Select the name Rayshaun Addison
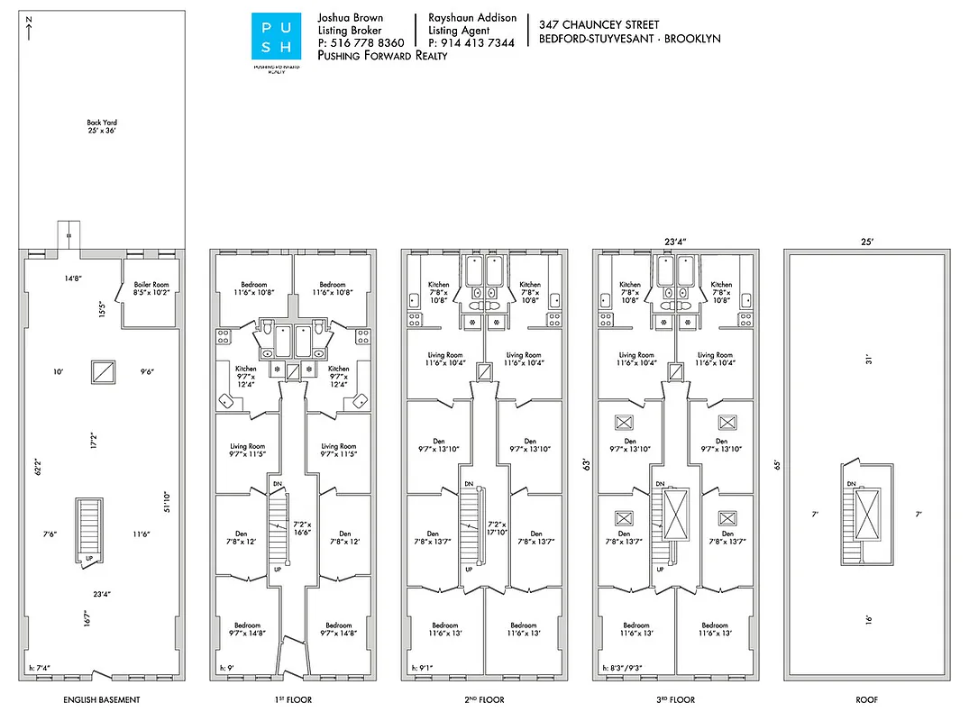(472, 18)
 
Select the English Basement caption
(102, 699)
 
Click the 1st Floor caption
(294, 699)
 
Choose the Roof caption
(866, 699)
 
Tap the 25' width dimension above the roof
(866, 242)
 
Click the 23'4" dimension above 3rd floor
(675, 242)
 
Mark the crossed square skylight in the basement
(102, 372)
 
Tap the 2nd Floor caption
(485, 699)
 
